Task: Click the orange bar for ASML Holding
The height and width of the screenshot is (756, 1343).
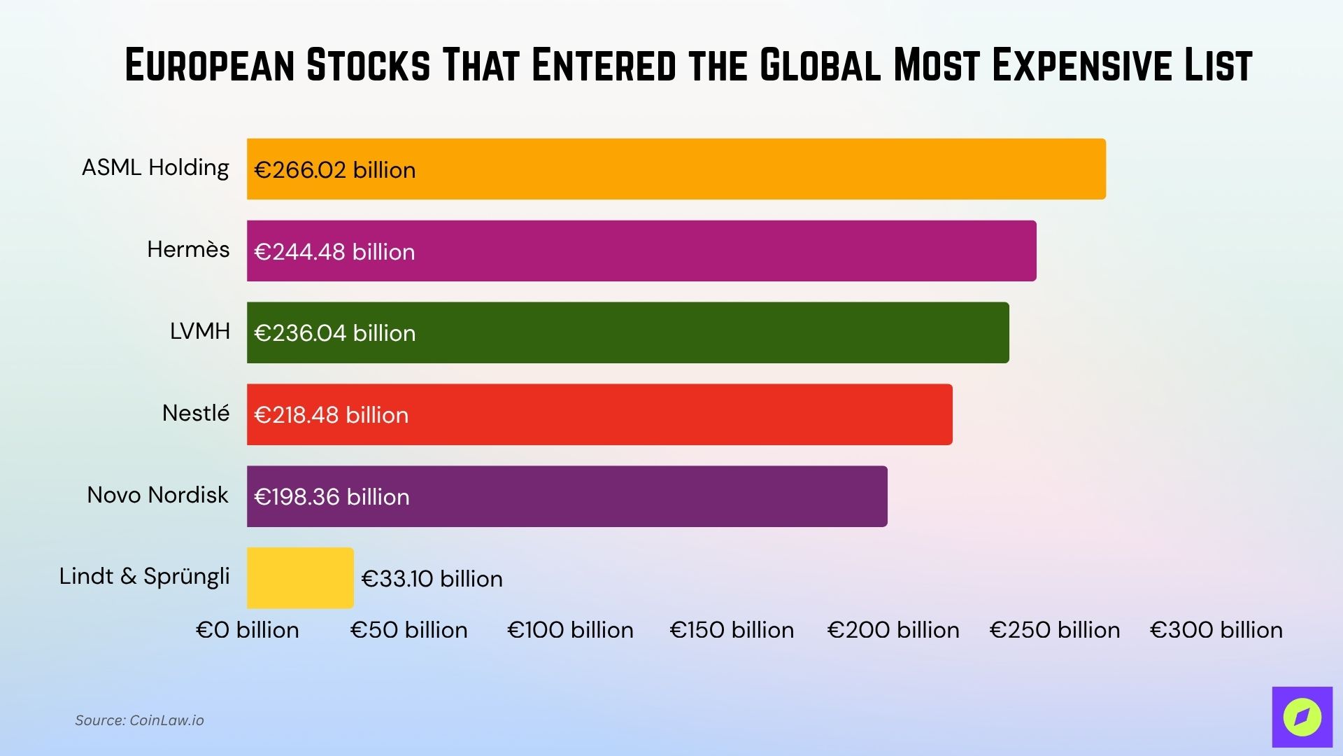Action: pyautogui.click(x=699, y=169)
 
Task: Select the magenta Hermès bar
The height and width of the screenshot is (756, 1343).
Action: pyautogui.click(x=665, y=251)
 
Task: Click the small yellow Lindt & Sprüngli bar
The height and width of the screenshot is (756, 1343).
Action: pyautogui.click(x=300, y=577)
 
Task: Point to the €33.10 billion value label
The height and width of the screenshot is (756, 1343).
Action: pyautogui.click(x=432, y=579)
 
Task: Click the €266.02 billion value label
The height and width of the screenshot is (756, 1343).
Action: pyautogui.click(x=335, y=170)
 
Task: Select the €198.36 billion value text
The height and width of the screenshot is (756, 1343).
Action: pyautogui.click(x=332, y=497)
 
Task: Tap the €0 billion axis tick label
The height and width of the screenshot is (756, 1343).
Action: pyautogui.click(x=248, y=630)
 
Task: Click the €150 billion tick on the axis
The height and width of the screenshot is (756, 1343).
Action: pyautogui.click(x=732, y=630)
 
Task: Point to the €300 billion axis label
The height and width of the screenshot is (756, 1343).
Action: pyautogui.click(x=1216, y=630)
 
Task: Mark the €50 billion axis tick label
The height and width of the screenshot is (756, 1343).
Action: pyautogui.click(x=409, y=630)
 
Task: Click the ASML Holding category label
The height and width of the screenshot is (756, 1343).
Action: pyautogui.click(x=155, y=168)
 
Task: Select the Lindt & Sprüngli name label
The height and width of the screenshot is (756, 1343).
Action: pyautogui.click(x=144, y=576)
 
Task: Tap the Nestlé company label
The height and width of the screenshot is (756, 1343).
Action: pyautogui.click(x=196, y=413)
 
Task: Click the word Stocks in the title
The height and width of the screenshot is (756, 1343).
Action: pyautogui.click(x=368, y=66)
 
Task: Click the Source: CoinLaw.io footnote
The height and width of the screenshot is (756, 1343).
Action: pyautogui.click(x=139, y=720)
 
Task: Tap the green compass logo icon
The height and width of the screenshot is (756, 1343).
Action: pyautogui.click(x=1302, y=717)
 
